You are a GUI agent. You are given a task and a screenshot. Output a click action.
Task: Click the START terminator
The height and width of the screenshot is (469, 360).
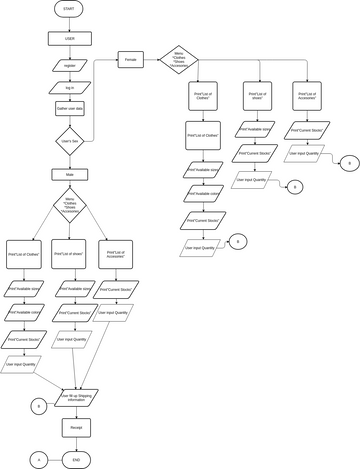point(68,9)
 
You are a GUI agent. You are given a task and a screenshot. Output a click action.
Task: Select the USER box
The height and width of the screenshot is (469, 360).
point(68,39)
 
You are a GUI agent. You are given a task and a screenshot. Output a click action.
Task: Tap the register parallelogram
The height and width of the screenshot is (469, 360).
point(68,66)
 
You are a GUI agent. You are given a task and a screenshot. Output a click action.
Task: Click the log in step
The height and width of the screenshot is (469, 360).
point(68,87)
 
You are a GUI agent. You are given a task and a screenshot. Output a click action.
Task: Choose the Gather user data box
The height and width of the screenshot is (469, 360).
point(68,107)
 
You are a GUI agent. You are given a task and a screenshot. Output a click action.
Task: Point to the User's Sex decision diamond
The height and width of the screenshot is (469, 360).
point(68,141)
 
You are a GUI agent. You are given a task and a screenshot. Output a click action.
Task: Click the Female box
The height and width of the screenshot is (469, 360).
point(132,59)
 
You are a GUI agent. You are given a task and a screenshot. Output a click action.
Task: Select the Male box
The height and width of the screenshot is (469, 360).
point(68,174)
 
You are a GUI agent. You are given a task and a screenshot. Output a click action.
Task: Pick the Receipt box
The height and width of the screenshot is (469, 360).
point(76,427)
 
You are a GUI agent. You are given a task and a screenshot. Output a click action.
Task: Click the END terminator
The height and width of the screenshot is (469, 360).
point(76,458)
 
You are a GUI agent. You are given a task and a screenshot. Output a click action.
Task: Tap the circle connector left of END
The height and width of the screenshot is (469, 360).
point(40,458)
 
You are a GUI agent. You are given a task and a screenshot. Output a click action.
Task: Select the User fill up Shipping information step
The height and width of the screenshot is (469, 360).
point(76,398)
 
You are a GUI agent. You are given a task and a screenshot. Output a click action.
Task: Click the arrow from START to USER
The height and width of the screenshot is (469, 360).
point(68,24)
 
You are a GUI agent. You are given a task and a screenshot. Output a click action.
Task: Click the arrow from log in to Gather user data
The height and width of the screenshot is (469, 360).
point(68,97)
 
